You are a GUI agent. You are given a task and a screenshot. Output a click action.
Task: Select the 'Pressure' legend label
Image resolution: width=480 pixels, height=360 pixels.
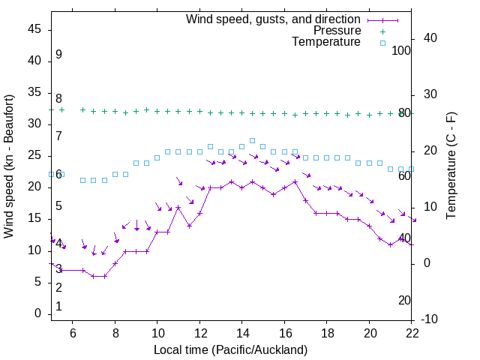click(337, 31)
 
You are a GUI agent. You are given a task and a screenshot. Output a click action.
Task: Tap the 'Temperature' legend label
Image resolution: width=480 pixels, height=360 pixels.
click(326, 42)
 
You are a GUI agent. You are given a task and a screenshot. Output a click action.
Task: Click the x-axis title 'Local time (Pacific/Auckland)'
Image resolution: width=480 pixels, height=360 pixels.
click(230, 349)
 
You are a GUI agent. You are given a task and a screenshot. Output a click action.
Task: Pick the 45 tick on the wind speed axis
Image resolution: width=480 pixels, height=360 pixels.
click(35, 29)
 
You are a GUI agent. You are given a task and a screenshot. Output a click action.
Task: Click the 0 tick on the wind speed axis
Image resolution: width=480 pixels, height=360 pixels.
click(38, 313)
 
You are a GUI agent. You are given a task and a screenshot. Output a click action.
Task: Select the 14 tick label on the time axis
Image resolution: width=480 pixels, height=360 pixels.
click(242, 332)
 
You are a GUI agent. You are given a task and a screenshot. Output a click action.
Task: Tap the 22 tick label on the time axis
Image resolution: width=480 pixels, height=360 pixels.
click(412, 332)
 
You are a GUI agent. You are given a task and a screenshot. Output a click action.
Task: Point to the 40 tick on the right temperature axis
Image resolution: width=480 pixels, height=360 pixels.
click(430, 38)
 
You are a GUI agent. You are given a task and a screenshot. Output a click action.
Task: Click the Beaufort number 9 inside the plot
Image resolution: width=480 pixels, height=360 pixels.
click(58, 55)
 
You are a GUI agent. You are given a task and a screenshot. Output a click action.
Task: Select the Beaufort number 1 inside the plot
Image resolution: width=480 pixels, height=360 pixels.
click(58, 306)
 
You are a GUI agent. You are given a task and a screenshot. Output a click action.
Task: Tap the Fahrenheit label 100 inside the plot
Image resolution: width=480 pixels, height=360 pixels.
click(402, 51)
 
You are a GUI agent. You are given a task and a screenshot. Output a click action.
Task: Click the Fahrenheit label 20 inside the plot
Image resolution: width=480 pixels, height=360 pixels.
click(404, 300)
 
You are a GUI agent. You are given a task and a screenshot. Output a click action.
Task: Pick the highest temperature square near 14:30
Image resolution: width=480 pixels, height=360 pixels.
click(252, 140)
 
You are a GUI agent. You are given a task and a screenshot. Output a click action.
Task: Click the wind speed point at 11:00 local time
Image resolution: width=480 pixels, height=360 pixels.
click(178, 208)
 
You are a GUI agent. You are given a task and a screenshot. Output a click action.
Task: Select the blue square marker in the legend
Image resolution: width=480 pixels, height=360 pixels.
click(382, 43)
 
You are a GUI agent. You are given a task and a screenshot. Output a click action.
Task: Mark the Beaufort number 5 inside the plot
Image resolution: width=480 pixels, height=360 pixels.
click(58, 206)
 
